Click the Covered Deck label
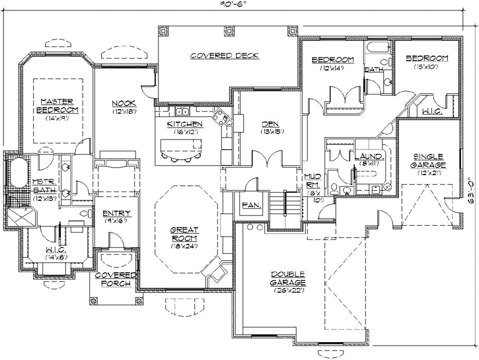point(224,55)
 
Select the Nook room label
point(124,103)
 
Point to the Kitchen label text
point(185,124)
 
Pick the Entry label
point(117,213)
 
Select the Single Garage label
point(428,160)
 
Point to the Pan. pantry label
point(252,205)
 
